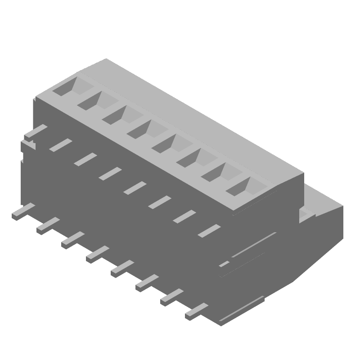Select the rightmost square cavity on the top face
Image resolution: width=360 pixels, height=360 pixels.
pos(242,186)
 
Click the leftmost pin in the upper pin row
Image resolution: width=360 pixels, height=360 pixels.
pos(36,131)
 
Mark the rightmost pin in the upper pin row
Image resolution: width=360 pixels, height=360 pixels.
pos(209,230)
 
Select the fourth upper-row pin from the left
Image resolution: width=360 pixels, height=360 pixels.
pos(110,174)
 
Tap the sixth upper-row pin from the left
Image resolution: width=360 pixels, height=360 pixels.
pos(159,202)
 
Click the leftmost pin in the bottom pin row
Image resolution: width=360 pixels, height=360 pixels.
pos(23,211)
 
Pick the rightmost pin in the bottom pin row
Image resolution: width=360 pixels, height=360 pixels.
pos(197,311)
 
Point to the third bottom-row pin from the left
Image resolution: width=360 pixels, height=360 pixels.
pos(72,239)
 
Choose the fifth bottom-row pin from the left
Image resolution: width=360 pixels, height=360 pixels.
pos(122,268)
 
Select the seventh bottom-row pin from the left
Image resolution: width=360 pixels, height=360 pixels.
pos(172,297)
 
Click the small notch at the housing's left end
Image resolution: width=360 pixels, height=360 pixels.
pos(28,145)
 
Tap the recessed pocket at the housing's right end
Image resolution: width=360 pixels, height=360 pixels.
pos(308,213)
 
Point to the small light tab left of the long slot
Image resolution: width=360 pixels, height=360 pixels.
pos(224,264)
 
